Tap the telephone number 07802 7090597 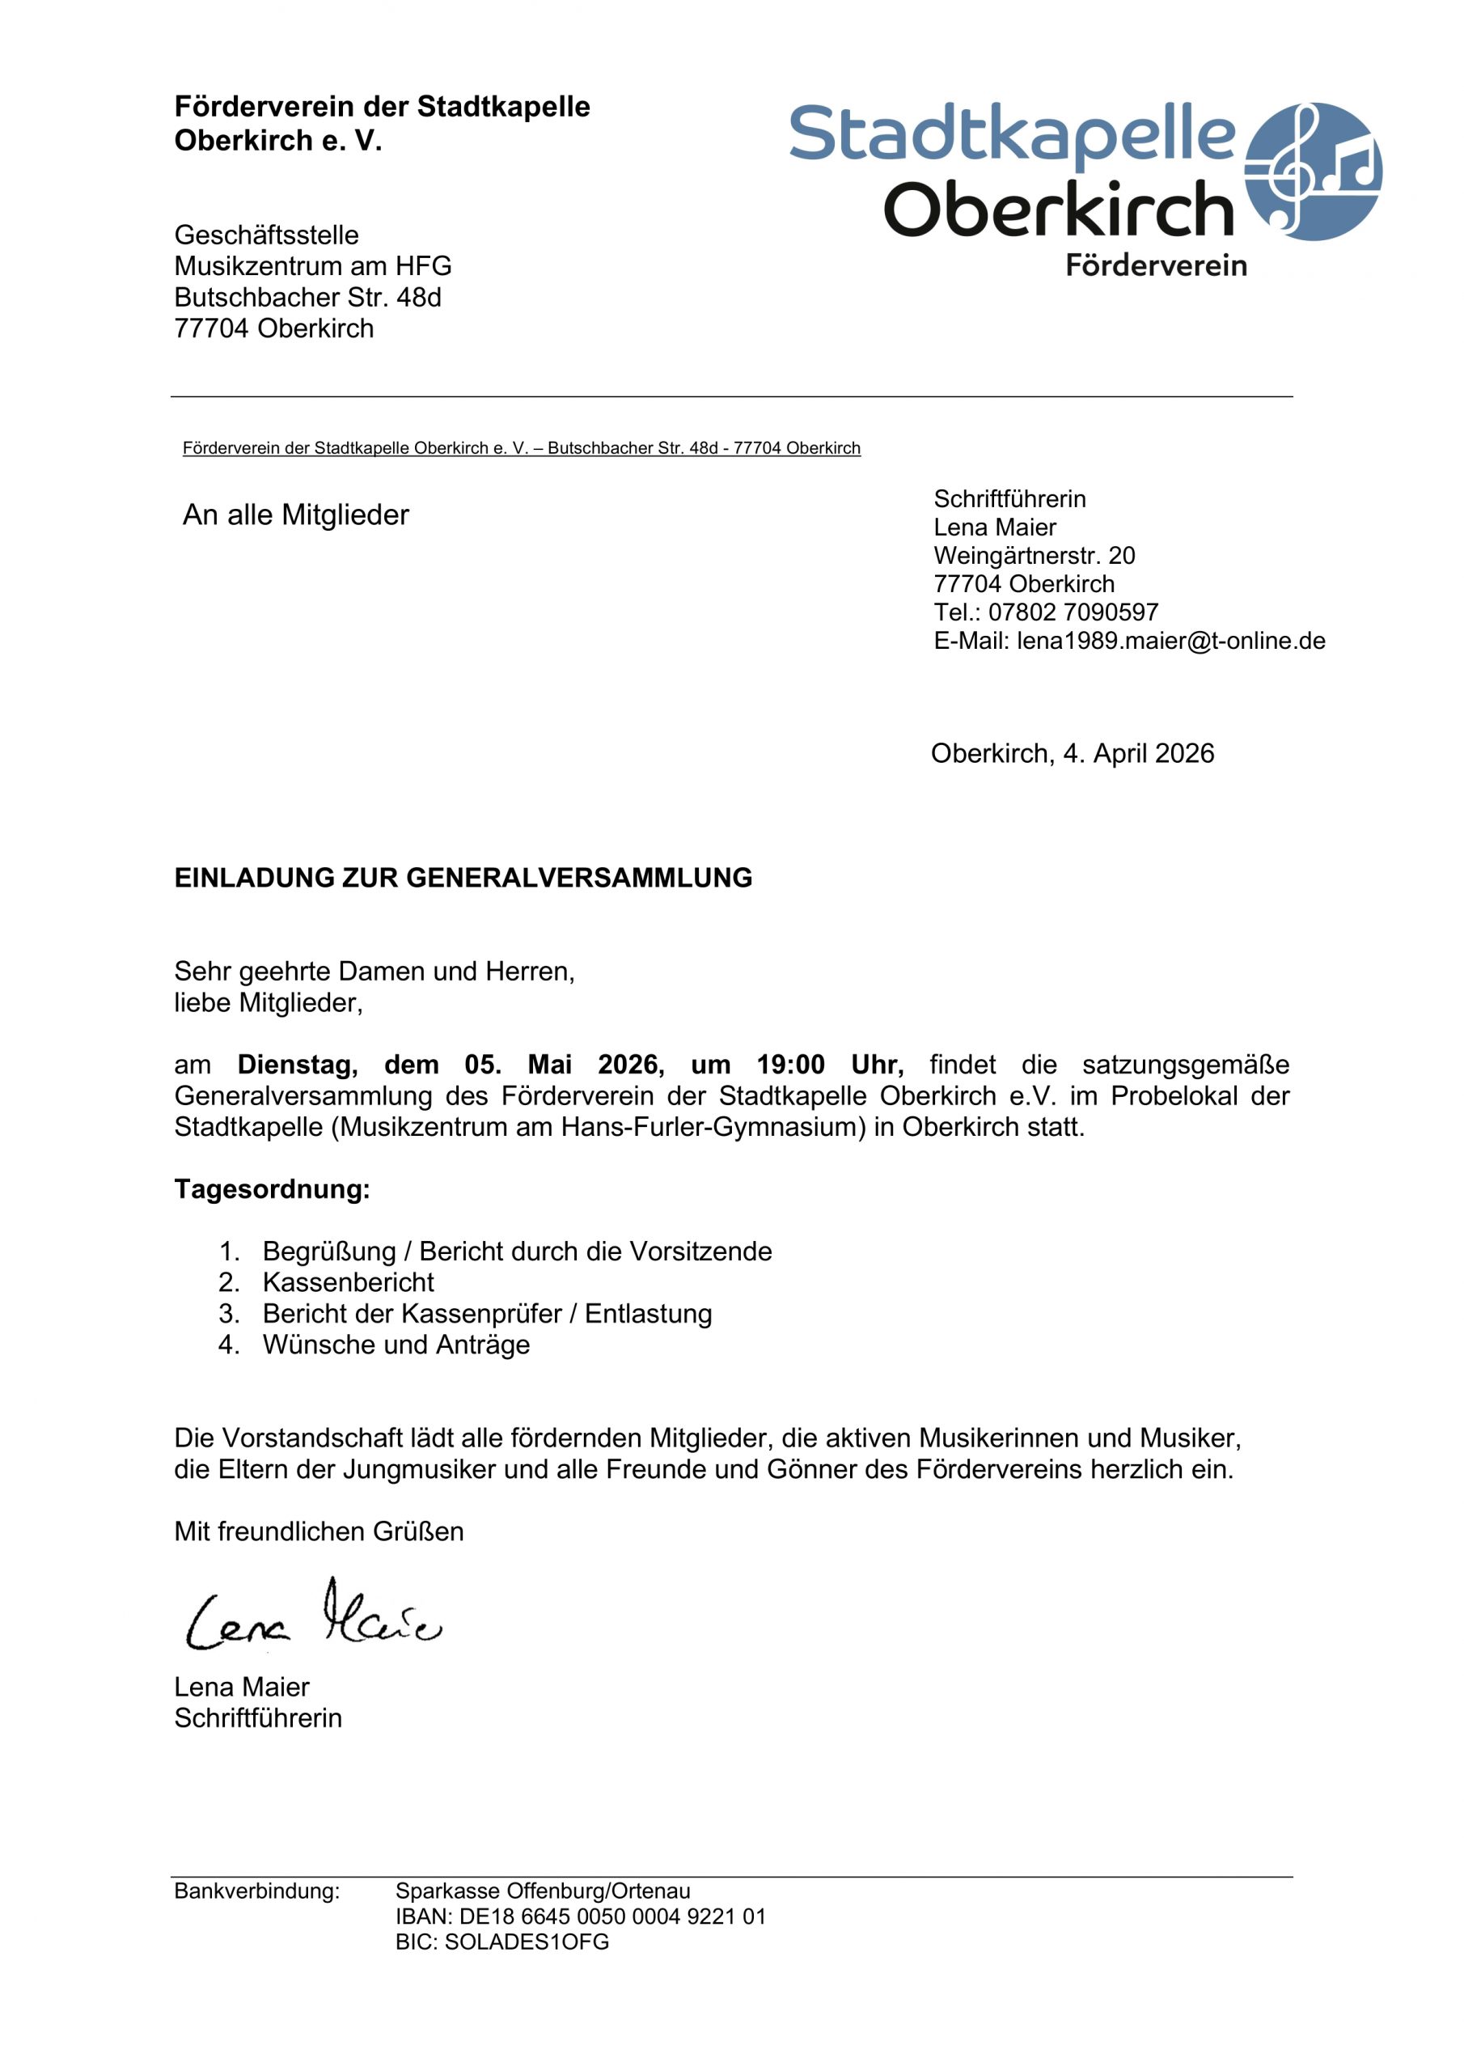[x=1073, y=612]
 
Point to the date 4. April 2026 [x=1138, y=753]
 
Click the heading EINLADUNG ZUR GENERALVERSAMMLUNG [x=463, y=878]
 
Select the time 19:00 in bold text [x=790, y=1065]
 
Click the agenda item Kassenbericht [x=348, y=1281]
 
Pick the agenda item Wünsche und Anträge [x=396, y=1344]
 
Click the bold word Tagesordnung [x=272, y=1189]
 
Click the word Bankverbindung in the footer [x=257, y=1891]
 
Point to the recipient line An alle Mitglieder [x=296, y=515]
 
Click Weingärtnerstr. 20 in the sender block [x=1034, y=556]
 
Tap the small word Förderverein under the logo [x=1156, y=265]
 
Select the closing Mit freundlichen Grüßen [x=319, y=1531]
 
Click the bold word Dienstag [x=297, y=1065]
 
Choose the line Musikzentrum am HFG [x=312, y=266]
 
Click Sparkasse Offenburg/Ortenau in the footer [x=542, y=1891]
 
